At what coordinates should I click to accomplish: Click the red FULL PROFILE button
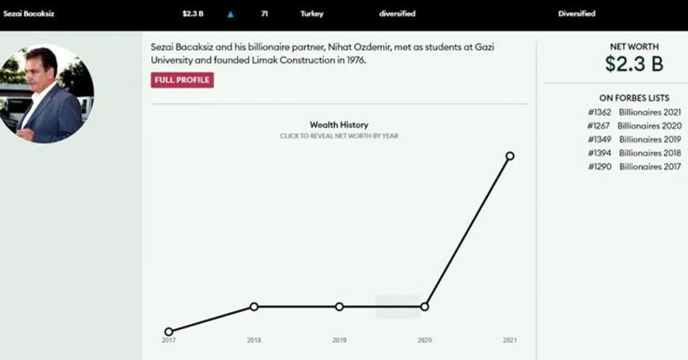tap(182, 80)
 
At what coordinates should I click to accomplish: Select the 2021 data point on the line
tap(510, 156)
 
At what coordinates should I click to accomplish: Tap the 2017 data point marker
tap(169, 331)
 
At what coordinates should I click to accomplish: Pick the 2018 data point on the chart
tap(254, 306)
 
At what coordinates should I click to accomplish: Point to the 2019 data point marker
tap(339, 306)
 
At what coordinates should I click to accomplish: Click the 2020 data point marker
tap(424, 306)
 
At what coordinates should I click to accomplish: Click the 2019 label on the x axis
tap(339, 340)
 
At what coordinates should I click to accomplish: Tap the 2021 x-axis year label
tap(510, 340)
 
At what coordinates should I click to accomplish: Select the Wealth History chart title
tap(338, 125)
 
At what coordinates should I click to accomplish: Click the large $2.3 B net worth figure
tap(634, 64)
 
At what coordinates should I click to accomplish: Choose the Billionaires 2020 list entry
tap(649, 126)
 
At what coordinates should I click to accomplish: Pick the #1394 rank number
tap(600, 153)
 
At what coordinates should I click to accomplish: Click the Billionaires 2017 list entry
tap(650, 167)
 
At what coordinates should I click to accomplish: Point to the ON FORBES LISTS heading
tap(634, 98)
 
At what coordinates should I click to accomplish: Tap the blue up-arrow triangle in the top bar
tap(230, 14)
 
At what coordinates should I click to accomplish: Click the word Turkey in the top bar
tap(312, 14)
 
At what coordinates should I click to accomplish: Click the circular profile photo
tap(47, 94)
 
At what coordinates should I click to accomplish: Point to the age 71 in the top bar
tap(264, 14)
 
